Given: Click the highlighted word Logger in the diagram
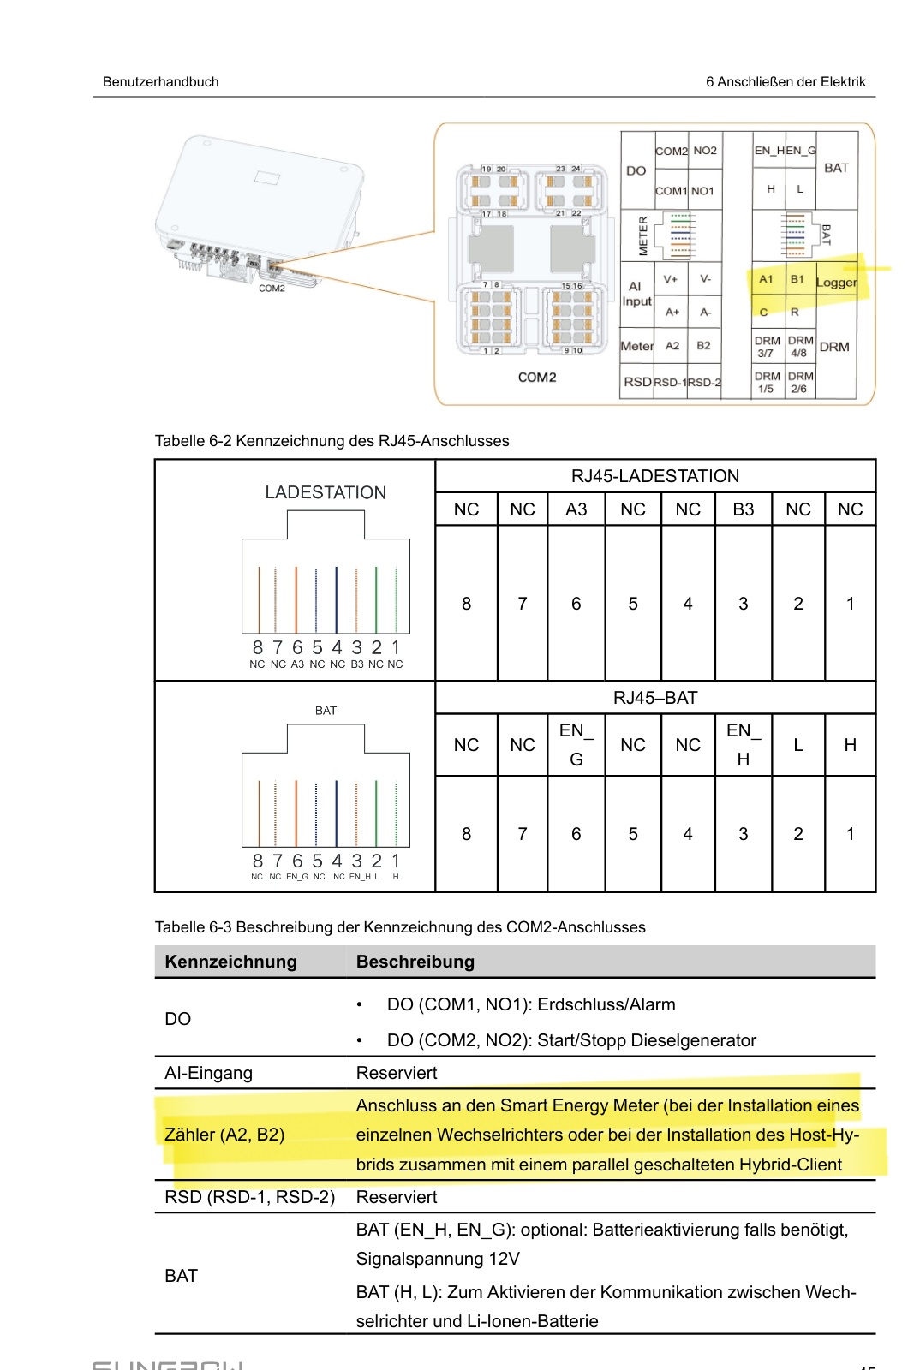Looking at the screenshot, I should pos(836,283).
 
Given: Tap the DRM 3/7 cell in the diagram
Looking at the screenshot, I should pos(767,347).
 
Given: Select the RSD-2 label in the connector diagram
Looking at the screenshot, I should pos(704,383).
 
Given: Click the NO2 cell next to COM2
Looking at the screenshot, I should pos(705,151).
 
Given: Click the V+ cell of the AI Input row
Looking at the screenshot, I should pos(671,279).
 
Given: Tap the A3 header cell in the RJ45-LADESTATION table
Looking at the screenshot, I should pos(576,509).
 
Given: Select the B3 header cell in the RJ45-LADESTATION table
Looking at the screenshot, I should pos(744,509).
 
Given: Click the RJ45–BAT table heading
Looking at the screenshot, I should pos(655,698).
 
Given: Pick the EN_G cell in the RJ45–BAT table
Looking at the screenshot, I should pos(576,745).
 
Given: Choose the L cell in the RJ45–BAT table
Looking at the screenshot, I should pos(798,745).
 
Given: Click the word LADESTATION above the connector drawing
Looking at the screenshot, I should pos(326,492).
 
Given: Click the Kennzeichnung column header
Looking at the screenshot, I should pos(230,962).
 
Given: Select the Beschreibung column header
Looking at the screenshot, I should pos(415,962).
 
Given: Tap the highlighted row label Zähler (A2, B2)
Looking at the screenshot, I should pos(224,1135).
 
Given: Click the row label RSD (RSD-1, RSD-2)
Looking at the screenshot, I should pos(249,1197).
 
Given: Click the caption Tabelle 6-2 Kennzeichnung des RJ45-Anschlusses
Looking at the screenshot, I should pos(332,441).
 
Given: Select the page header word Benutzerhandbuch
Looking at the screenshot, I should pos(161,82).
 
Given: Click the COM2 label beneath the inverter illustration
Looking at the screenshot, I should pos(272,289).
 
